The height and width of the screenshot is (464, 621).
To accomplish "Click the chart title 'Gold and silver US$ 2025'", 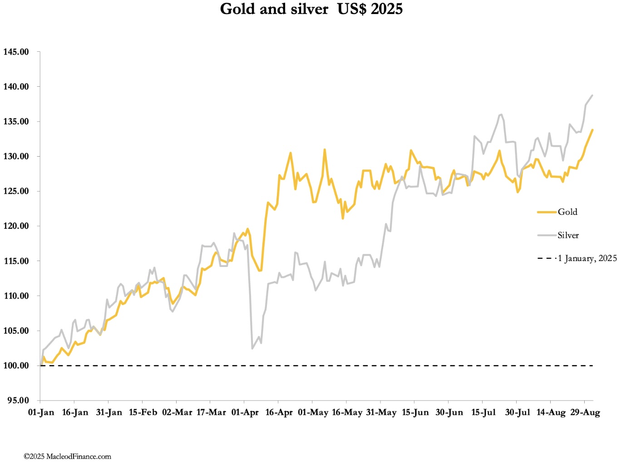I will [311, 9].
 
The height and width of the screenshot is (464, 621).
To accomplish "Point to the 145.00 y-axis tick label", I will [16, 52].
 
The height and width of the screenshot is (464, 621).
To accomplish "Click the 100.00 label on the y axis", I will [16, 365].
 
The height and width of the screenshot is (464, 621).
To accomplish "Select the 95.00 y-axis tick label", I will [18, 400].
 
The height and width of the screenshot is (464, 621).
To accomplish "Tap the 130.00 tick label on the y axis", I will [16, 156].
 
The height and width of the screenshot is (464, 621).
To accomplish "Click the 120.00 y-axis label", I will [16, 226].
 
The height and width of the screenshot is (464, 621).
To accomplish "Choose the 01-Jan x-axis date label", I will [41, 412].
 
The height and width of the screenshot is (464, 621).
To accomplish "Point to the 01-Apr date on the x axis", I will [245, 412].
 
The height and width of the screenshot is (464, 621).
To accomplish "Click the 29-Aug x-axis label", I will [585, 412].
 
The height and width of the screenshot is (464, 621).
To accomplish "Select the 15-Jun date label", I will [415, 412].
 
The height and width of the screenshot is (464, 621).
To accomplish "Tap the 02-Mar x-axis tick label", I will [177, 412].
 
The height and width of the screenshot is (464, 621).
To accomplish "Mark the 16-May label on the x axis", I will [347, 412].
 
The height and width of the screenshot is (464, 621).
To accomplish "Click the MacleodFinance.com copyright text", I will [67, 456].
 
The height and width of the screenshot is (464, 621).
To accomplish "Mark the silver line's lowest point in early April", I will [252, 348].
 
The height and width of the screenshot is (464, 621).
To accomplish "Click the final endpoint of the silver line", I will [592, 95].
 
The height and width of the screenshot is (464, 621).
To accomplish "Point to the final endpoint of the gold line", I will [592, 130].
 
